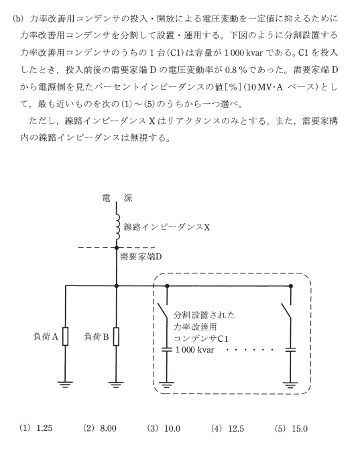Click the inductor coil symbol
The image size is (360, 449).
(x=117, y=227)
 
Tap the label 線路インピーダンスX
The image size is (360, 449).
(x=167, y=227)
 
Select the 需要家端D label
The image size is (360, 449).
(x=141, y=256)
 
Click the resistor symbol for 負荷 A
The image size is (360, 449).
(x=65, y=336)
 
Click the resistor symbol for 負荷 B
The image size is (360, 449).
(x=116, y=336)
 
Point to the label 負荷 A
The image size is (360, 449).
(x=45, y=336)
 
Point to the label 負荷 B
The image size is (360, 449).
(x=97, y=336)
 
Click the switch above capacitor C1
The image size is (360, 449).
(x=164, y=311)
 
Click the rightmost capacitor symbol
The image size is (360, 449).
(x=290, y=349)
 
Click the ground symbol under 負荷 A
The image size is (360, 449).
(x=65, y=384)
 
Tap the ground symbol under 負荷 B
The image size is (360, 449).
(x=116, y=384)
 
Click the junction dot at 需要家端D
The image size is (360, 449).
(x=116, y=247)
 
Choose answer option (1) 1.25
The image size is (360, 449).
(x=36, y=428)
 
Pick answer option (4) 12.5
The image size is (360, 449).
(x=227, y=428)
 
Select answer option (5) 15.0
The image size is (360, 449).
(x=291, y=428)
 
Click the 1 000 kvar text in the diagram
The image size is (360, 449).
(x=194, y=350)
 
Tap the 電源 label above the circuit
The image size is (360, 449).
(x=117, y=198)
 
